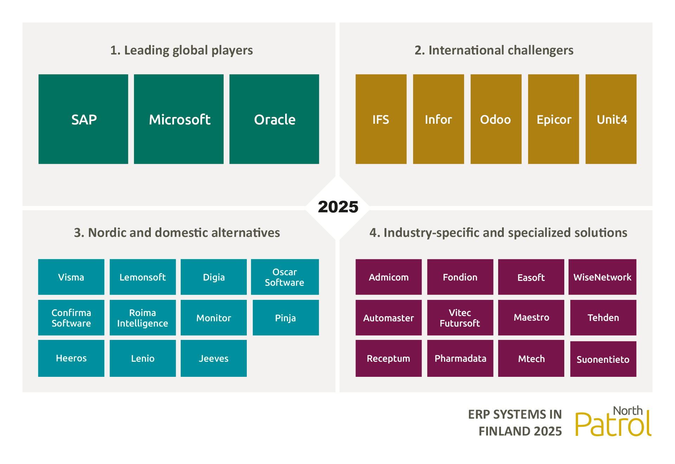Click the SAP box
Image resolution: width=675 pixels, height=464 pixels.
(83, 119)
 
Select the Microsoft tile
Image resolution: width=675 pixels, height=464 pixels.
(179, 119)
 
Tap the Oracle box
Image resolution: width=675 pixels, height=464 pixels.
(274, 119)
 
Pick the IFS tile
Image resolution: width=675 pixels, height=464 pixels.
(381, 119)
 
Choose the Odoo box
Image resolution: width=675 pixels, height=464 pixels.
(496, 119)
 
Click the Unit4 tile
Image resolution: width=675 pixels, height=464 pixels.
(611, 119)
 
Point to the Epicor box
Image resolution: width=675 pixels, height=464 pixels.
(553, 119)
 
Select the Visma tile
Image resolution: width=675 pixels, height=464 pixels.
(71, 277)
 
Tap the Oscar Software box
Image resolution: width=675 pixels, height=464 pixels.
(285, 277)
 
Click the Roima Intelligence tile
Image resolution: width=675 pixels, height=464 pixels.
(143, 318)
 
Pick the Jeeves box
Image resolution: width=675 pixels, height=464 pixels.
(214, 358)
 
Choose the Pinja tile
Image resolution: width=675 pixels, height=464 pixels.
(286, 318)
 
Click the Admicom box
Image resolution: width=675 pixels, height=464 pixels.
(388, 277)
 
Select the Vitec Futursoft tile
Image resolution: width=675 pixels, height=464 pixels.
(460, 318)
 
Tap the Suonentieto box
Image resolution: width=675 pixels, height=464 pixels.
(603, 359)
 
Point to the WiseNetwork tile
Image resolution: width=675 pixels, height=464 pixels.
(602, 277)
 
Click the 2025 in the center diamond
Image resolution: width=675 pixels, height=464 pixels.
(338, 207)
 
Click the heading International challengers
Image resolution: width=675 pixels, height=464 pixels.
(494, 50)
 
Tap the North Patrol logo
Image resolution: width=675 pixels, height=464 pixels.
(613, 421)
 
